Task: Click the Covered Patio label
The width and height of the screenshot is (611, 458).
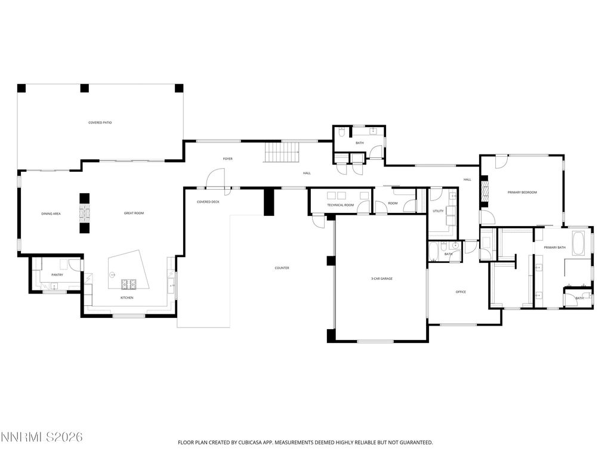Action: pyautogui.click(x=100, y=123)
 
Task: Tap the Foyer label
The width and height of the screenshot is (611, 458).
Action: pyautogui.click(x=228, y=159)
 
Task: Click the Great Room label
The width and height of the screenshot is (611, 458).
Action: pyautogui.click(x=134, y=213)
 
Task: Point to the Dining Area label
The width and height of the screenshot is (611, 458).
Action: pyautogui.click(x=51, y=213)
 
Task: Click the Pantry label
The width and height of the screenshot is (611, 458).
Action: pyautogui.click(x=57, y=274)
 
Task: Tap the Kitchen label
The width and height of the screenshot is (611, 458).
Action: pyautogui.click(x=127, y=298)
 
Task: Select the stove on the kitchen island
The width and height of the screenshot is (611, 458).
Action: pyautogui.click(x=129, y=283)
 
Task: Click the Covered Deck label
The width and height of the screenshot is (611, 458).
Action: pyautogui.click(x=208, y=202)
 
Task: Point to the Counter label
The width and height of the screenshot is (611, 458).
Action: pyautogui.click(x=282, y=268)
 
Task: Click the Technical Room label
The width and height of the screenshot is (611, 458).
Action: pyautogui.click(x=340, y=205)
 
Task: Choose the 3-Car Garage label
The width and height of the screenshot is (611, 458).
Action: pyautogui.click(x=381, y=278)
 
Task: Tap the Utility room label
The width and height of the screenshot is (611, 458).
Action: pyautogui.click(x=439, y=211)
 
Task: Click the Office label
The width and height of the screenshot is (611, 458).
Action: pyautogui.click(x=461, y=292)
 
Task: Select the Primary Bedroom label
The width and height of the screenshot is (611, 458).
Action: pyautogui.click(x=522, y=193)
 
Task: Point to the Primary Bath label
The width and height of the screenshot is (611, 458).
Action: pyautogui.click(x=554, y=247)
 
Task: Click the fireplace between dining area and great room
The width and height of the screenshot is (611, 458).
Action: pyautogui.click(x=85, y=213)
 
